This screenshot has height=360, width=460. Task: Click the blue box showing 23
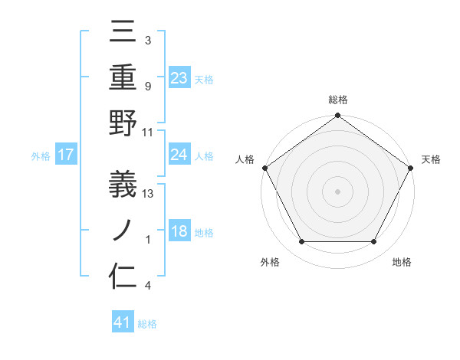click(179, 77)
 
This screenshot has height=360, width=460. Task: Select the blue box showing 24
click(179, 155)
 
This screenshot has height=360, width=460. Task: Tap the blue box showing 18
click(179, 232)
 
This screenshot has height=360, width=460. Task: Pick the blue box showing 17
click(66, 155)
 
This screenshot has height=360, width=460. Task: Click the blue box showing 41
click(123, 322)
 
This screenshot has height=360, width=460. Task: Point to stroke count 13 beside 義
click(149, 194)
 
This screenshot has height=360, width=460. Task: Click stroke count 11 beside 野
click(149, 132)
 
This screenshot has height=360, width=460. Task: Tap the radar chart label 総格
click(337, 100)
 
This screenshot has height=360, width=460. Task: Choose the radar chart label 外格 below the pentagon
click(270, 262)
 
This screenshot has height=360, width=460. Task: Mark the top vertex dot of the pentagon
click(337, 116)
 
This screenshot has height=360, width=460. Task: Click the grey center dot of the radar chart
click(337, 191)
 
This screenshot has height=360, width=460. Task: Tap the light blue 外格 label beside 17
click(41, 155)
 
